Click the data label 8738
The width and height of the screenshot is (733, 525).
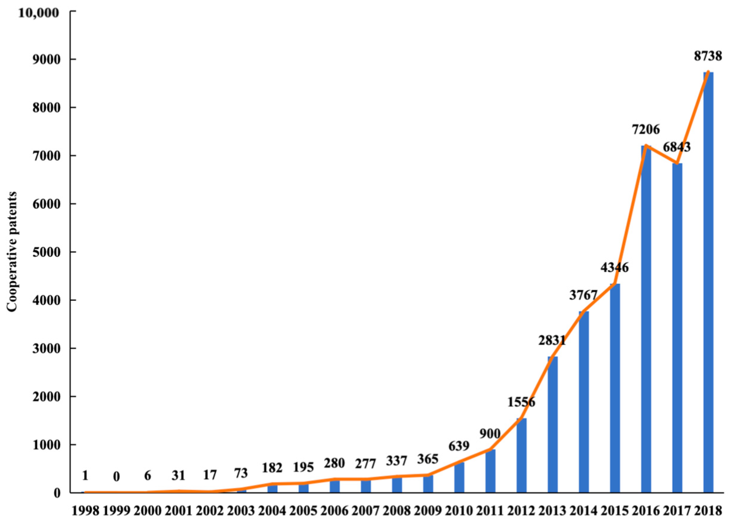(x=707, y=56)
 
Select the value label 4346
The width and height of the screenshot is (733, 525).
(x=615, y=268)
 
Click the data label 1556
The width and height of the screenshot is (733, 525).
(x=521, y=402)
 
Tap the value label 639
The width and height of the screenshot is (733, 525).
(x=459, y=446)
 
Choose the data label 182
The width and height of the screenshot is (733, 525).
(x=272, y=468)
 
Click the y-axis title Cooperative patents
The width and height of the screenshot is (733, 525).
(x=12, y=252)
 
